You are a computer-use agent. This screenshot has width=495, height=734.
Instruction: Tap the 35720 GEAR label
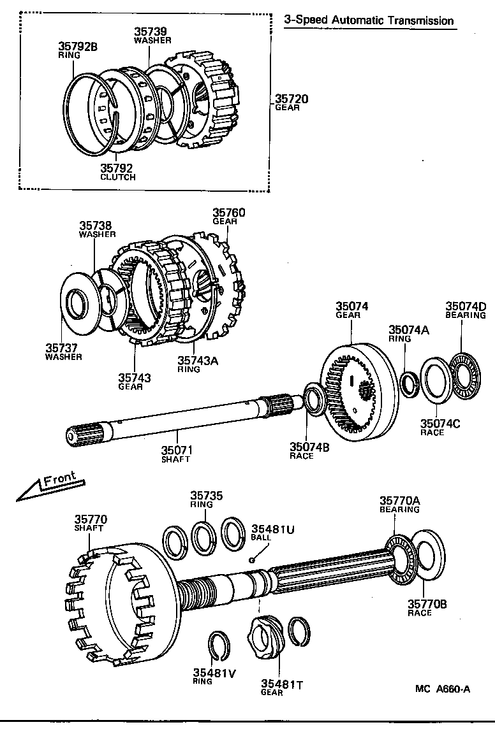pyautogui.click(x=292, y=103)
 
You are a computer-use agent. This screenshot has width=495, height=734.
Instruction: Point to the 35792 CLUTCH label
pyautogui.click(x=118, y=172)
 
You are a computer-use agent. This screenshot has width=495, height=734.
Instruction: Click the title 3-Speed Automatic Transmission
pyautogui.click(x=369, y=20)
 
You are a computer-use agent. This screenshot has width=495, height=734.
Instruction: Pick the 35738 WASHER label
pyautogui.click(x=97, y=229)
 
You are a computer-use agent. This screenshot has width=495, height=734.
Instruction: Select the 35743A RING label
pyautogui.click(x=197, y=364)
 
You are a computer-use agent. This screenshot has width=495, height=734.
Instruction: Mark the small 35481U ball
pyautogui.click(x=253, y=560)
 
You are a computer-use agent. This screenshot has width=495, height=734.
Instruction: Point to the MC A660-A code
pyautogui.click(x=442, y=688)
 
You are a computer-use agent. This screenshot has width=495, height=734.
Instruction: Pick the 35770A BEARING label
pyautogui.click(x=399, y=505)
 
